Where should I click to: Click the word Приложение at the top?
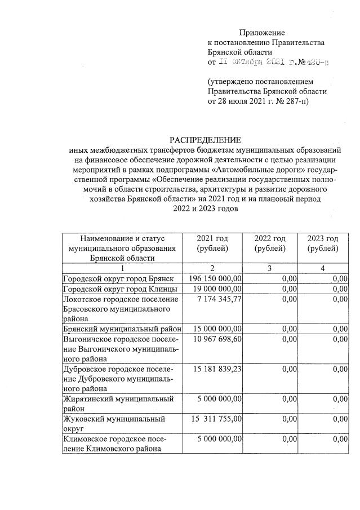(262, 33)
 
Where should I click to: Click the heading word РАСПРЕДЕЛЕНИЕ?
(205, 139)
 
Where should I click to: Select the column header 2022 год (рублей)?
(270, 243)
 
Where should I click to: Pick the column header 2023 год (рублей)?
(323, 243)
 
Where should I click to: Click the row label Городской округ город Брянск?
(122, 278)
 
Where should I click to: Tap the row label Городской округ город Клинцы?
(121, 289)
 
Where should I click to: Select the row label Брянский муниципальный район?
(122, 328)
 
